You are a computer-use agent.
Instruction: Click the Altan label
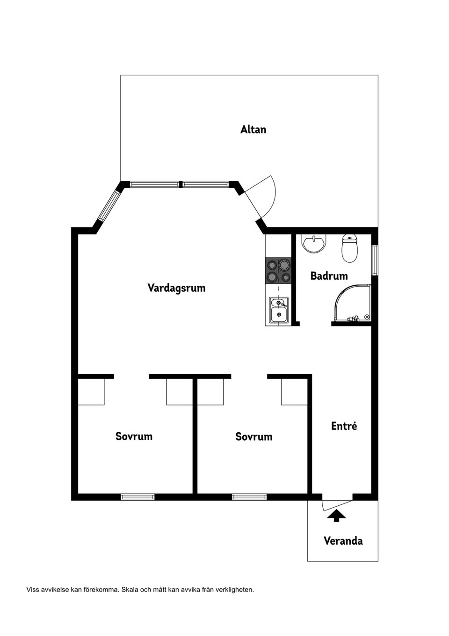253,129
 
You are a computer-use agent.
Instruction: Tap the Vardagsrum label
176,288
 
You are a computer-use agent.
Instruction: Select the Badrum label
329,276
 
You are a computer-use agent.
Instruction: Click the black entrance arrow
336,515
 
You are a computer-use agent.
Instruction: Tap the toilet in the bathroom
350,248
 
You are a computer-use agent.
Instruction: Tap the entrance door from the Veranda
337,505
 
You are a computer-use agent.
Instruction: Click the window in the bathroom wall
375,260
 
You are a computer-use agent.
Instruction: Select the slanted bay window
109,206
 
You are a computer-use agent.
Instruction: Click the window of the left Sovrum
138,497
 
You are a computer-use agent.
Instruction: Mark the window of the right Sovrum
249,497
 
